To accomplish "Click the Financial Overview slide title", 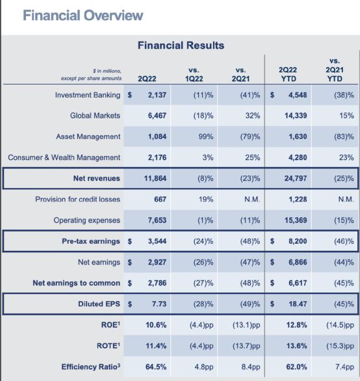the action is (83, 16).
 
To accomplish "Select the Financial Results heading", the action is (181, 46).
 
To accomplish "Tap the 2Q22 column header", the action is (147, 79).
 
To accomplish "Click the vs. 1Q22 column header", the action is (194, 74).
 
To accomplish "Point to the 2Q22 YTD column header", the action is (288, 74).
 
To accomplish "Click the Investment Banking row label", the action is (88, 95).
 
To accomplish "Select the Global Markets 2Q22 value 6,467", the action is (157, 116).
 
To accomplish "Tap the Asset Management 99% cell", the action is (206, 137).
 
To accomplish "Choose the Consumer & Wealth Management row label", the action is (64, 157).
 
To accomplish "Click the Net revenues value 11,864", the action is (155, 178).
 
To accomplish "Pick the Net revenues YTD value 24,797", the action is (296, 178).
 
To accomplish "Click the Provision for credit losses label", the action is (78, 199).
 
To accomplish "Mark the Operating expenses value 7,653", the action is (157, 220).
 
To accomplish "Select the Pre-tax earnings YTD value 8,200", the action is (298, 241).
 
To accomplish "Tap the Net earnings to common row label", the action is (77, 283).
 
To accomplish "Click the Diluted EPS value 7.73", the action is (159, 304).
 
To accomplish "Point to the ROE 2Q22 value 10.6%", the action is (156, 325).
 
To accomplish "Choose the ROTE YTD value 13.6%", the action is (296, 346).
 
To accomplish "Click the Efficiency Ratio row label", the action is (91, 367).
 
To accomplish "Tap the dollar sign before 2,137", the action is (130, 95).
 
